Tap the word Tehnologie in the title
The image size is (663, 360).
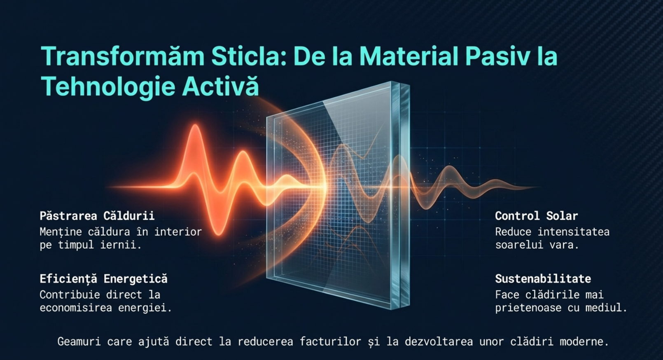click(x=107, y=86)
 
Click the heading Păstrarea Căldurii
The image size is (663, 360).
click(x=97, y=216)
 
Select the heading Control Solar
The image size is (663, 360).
click(x=536, y=216)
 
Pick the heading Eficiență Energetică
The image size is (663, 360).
click(x=104, y=279)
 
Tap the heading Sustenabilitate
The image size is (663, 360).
click(x=543, y=278)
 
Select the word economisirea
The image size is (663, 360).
click(x=76, y=308)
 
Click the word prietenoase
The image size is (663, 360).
click(x=528, y=308)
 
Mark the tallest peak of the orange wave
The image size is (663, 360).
click(x=195, y=125)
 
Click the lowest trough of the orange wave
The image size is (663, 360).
click(x=219, y=235)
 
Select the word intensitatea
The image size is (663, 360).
click(x=573, y=232)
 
